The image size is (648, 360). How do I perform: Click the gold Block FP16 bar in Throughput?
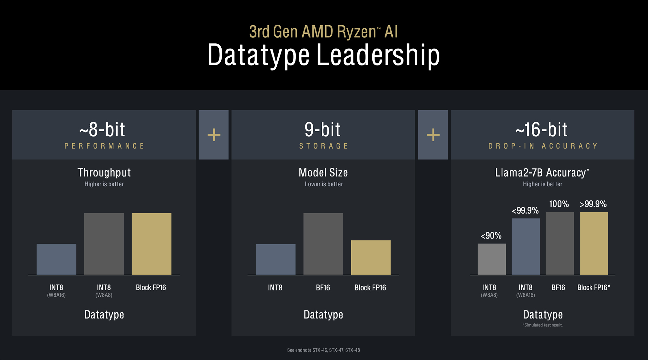tap(151, 244)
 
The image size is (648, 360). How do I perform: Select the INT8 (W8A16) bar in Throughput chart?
tap(56, 259)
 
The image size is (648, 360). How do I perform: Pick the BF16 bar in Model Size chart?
tap(323, 244)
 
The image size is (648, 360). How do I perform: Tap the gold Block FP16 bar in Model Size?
tap(371, 258)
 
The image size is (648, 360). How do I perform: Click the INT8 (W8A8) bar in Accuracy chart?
tap(492, 259)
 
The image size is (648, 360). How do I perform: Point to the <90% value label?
tap(491, 236)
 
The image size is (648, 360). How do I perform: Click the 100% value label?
tap(559, 204)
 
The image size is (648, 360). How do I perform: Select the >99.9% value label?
tap(593, 204)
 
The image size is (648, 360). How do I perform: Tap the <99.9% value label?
tap(525, 211)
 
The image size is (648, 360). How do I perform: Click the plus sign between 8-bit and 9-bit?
tap(214, 135)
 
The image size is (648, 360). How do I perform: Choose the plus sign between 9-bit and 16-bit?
tap(433, 135)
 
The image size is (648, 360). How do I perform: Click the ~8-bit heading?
tap(102, 130)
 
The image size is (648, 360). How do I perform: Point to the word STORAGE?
tap(323, 146)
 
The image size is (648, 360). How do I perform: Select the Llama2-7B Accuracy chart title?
tap(542, 173)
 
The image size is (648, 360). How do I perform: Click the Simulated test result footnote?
tap(543, 325)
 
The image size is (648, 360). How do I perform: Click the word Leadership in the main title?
tap(378, 55)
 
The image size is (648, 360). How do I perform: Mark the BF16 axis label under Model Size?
tap(323, 288)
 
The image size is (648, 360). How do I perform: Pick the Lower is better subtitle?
tap(324, 184)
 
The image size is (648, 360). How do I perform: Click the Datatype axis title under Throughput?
tap(104, 315)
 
